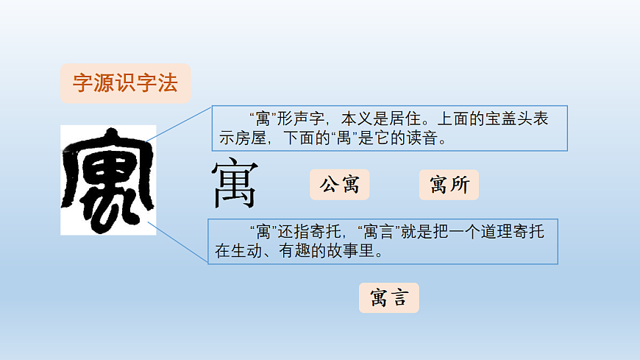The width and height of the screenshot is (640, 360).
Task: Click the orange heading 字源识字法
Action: click(125, 83)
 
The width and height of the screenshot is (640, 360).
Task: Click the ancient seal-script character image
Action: click(108, 180)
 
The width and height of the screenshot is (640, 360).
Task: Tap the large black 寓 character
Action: click(235, 185)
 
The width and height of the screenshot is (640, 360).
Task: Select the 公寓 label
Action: click(339, 185)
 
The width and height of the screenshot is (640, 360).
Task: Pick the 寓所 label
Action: click(449, 185)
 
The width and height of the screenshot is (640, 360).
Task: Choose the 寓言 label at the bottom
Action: click(389, 298)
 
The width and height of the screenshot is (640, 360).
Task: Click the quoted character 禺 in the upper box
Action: click(344, 138)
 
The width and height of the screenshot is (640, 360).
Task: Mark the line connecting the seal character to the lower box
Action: click(179, 241)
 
